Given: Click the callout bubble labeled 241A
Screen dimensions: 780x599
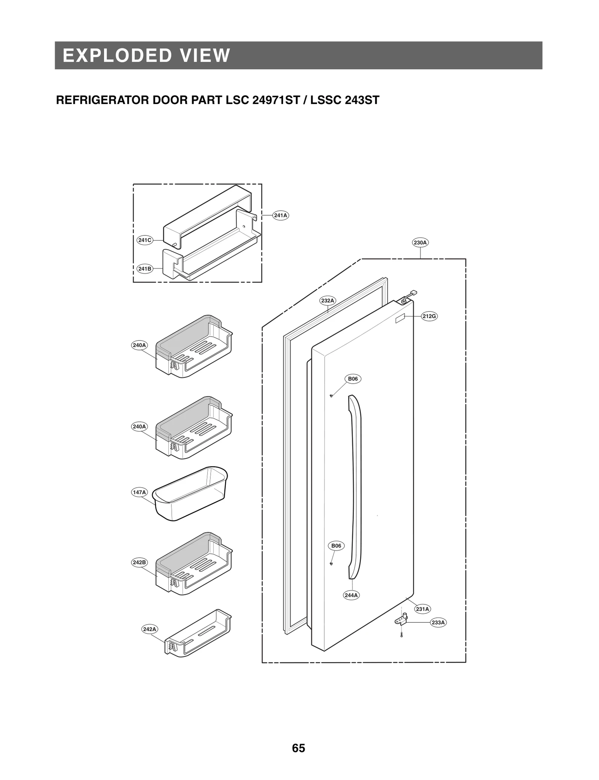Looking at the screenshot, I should coord(280,215).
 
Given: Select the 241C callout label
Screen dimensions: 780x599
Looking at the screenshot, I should coord(145,240).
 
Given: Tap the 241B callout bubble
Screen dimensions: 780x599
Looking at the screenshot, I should coord(145,268).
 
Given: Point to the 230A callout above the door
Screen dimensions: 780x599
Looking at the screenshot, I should coord(420,243).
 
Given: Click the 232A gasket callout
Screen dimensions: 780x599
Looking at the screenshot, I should coord(328,300).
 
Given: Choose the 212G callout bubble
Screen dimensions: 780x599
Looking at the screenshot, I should coord(429,316).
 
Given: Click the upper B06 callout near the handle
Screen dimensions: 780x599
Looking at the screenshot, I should coord(353,379).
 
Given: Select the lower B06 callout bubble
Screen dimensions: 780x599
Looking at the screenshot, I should coord(336,546).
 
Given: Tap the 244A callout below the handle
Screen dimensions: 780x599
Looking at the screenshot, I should coord(351,595).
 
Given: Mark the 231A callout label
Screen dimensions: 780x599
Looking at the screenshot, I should coord(422,609).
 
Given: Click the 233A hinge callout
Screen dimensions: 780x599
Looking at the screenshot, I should coord(438,622).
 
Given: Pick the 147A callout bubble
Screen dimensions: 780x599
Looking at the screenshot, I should coord(139,492).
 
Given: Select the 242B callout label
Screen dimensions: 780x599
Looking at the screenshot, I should coord(139,562).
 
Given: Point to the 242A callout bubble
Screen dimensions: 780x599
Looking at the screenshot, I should coord(149,629).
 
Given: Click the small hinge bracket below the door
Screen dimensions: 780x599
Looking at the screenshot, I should coord(401,622).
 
